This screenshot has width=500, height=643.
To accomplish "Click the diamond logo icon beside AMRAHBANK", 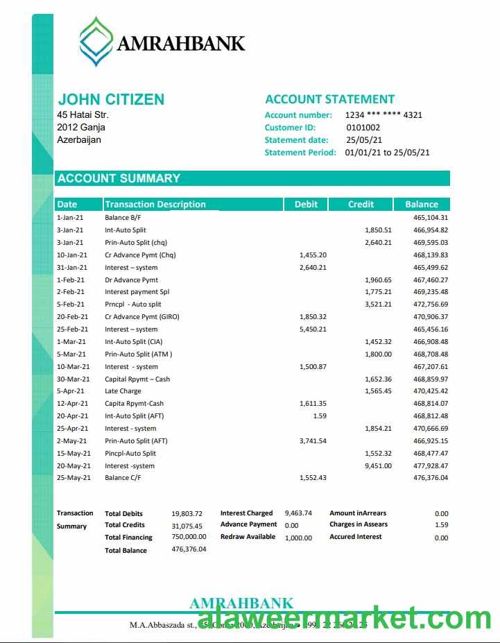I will [x=96, y=42].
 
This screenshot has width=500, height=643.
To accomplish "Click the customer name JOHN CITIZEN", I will [x=111, y=99].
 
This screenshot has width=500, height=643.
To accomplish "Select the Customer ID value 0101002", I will [x=363, y=128].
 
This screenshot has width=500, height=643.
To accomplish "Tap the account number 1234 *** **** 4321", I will [x=383, y=115].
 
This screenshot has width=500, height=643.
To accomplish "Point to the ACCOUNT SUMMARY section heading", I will [x=119, y=178].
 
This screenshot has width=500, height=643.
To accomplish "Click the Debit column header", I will [x=306, y=204].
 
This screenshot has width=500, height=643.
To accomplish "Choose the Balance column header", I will [x=421, y=204].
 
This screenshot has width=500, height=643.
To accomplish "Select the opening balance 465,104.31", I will [x=431, y=218].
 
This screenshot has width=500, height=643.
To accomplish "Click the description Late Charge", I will [x=123, y=391].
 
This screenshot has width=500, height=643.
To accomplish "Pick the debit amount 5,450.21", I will [x=312, y=329].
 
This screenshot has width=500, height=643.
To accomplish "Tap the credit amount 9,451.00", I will [x=378, y=466].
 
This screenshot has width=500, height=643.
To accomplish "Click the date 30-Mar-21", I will [x=73, y=379].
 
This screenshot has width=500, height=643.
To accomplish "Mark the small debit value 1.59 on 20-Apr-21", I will [x=319, y=416].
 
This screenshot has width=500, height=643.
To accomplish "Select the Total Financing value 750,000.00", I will [x=189, y=537].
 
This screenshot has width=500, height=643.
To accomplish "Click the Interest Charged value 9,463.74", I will [x=298, y=513].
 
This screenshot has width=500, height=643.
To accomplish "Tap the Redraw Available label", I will [x=248, y=537].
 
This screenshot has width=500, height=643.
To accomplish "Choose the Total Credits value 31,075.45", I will [x=187, y=525].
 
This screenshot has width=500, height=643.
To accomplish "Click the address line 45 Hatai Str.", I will [x=83, y=115].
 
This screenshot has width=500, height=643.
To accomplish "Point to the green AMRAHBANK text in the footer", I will [x=241, y=603].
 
